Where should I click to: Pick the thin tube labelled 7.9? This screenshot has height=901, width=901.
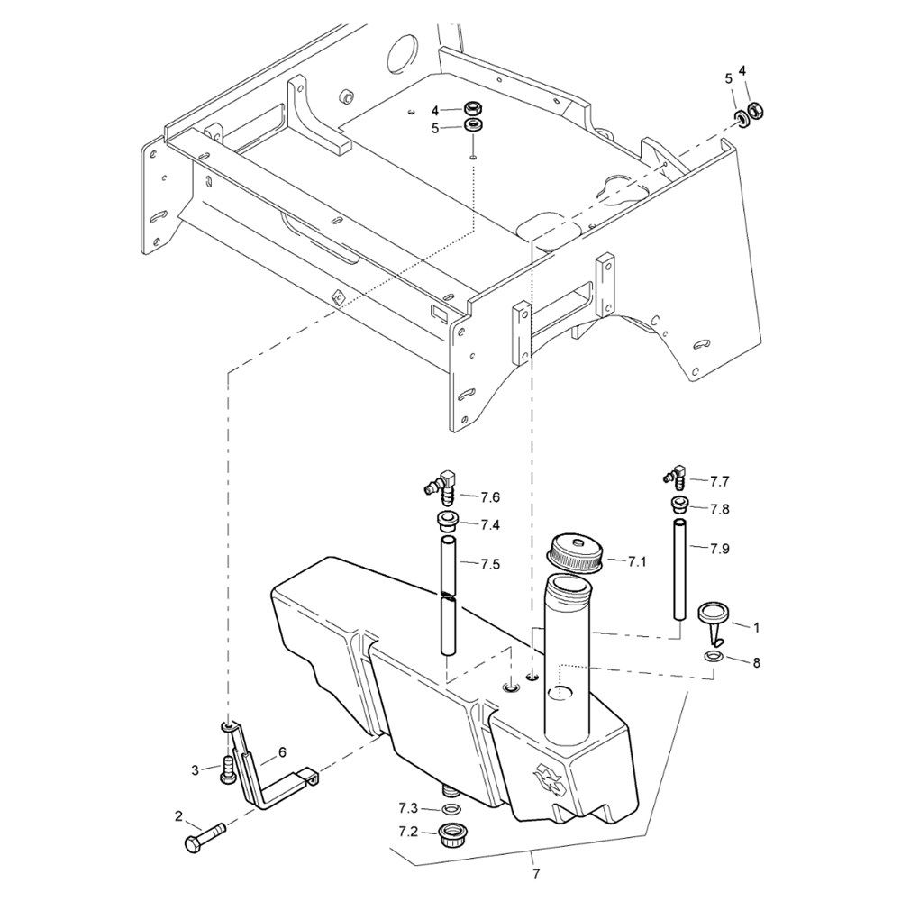tap(679, 569)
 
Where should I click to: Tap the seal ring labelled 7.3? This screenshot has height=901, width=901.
tap(450, 809)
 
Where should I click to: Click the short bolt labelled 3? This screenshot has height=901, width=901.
tap(226, 769)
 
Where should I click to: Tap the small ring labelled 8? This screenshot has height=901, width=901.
tap(713, 656)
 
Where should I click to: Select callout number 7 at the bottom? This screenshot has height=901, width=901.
tap(536, 875)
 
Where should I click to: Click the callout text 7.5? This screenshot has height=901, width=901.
tap(490, 564)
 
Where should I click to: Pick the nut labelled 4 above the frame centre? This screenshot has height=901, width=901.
tap(473, 107)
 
